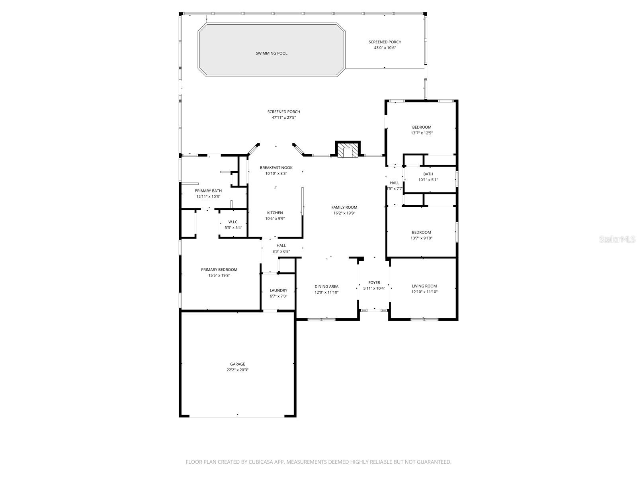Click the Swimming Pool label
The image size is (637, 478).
click(272, 53)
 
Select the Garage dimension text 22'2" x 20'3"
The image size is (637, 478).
click(238, 370)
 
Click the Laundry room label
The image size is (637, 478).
click(278, 290)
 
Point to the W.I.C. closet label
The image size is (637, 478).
click(233, 222)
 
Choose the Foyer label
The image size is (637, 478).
click(374, 282)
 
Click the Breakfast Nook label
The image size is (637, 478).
click(276, 168)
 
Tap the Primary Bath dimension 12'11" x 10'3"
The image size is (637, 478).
click(208, 196)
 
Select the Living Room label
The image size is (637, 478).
click(424, 286)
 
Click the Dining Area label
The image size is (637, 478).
click(326, 286)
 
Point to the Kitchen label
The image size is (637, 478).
click(275, 213)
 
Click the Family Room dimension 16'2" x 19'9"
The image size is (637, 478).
click(345, 213)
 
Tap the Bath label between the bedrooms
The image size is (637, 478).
click(428, 174)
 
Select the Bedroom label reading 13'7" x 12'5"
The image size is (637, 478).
click(421, 127)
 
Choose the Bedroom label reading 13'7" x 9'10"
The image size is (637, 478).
click(421, 232)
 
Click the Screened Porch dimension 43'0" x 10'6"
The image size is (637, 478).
click(385, 48)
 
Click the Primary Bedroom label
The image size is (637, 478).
click(219, 270)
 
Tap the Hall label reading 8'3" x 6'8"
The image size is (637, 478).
click(281, 245)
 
